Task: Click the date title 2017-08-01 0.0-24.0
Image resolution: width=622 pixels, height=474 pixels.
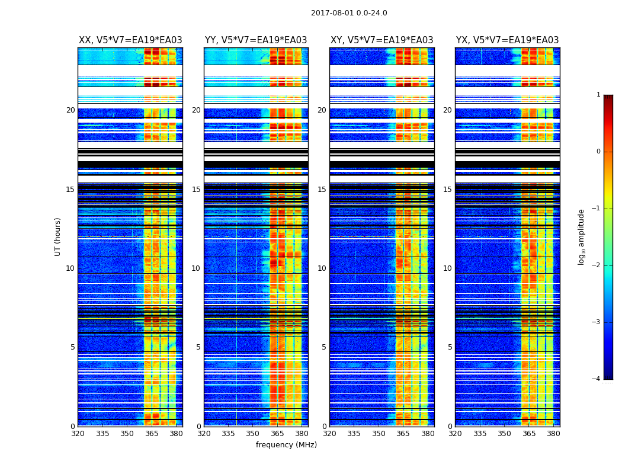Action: (x=349, y=13)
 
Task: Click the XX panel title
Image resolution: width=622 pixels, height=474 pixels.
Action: (x=130, y=40)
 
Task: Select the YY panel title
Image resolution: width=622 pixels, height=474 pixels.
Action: (x=256, y=40)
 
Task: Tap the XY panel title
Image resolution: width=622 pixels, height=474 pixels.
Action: (x=381, y=40)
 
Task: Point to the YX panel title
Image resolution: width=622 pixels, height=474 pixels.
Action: (x=507, y=40)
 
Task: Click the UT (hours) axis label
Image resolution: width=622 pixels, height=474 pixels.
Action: (x=57, y=236)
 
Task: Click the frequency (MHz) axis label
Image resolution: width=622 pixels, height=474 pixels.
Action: (x=286, y=445)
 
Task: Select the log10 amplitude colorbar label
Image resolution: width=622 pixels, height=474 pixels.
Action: (x=582, y=236)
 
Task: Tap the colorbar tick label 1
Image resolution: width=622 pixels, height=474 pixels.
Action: (x=598, y=95)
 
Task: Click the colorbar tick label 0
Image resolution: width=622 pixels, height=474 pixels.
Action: (x=598, y=152)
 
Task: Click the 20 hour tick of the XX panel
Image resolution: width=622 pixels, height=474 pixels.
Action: (x=70, y=110)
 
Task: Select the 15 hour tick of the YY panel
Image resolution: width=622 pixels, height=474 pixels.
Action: (x=196, y=190)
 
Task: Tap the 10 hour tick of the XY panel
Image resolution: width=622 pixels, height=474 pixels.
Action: (x=322, y=268)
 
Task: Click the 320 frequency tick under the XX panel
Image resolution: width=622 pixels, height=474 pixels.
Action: (x=78, y=433)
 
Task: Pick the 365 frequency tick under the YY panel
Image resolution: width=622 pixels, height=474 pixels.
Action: (x=277, y=433)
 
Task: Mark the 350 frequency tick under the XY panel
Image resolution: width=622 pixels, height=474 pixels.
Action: (x=379, y=433)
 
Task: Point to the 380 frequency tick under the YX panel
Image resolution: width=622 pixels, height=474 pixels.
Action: (x=553, y=433)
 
